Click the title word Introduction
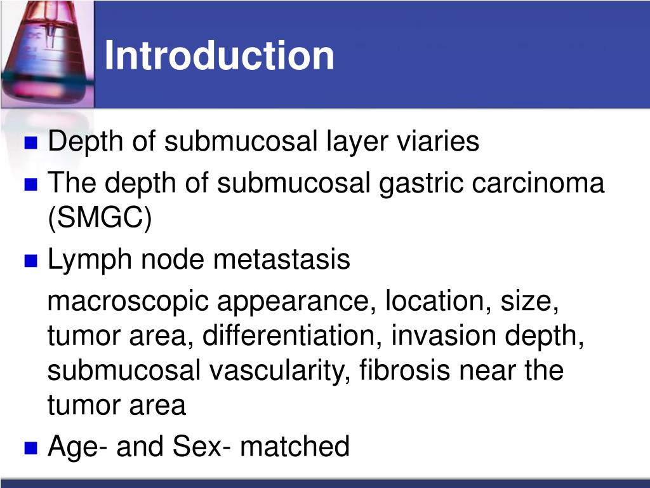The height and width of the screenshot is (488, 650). [x=219, y=55]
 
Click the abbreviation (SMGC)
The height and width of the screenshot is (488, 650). [x=100, y=219]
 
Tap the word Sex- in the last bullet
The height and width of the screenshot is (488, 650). [x=201, y=446]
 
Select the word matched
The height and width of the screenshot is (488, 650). [x=295, y=446]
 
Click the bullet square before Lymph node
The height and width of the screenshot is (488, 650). [x=30, y=261]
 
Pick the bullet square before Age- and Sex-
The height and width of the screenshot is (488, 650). [x=30, y=447]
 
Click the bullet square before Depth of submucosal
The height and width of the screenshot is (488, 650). [x=30, y=142]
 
